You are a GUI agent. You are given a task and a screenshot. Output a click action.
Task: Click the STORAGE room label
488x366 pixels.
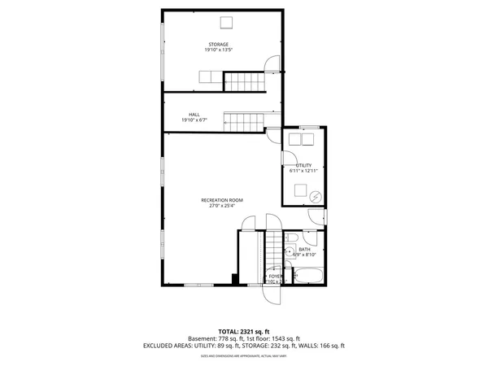point(217,44)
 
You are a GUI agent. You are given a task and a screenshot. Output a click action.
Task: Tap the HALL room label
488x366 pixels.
point(194,115)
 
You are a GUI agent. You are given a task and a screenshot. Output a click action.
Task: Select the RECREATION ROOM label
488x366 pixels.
point(222,200)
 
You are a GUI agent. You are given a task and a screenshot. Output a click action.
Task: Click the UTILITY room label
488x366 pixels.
point(303,165)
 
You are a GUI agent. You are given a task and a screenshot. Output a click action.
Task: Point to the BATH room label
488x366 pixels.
point(304,250)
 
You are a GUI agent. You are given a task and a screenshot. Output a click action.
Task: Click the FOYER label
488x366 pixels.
point(275,277)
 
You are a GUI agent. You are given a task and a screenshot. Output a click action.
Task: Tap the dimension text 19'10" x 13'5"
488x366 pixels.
point(217,50)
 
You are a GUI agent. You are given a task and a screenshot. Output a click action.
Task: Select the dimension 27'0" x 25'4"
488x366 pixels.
point(222,206)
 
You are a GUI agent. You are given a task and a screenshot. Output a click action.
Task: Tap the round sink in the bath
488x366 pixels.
point(289,252)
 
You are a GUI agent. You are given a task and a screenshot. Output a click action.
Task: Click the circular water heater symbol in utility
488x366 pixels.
point(315,195)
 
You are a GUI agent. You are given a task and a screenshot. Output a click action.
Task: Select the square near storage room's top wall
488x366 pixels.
point(228,21)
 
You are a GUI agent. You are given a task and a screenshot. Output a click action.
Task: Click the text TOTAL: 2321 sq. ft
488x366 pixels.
point(243,332)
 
